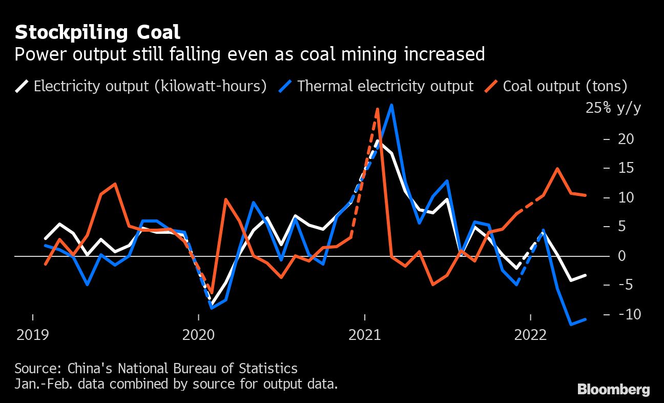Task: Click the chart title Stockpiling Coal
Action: tap(97, 32)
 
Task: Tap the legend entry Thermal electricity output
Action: tap(385, 86)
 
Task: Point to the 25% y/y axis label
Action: tap(613, 109)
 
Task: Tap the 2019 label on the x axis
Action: tap(33, 336)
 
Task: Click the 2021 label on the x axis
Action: tap(364, 336)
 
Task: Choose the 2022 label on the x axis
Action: tap(530, 336)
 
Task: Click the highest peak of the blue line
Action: tap(392, 105)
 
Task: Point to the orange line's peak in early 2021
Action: tap(378, 109)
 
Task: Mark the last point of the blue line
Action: tap(585, 319)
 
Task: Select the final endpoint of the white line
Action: tap(585, 275)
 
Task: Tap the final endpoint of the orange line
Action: tap(585, 195)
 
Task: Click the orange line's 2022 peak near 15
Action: tap(557, 169)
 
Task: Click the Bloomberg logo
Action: tap(613, 390)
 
